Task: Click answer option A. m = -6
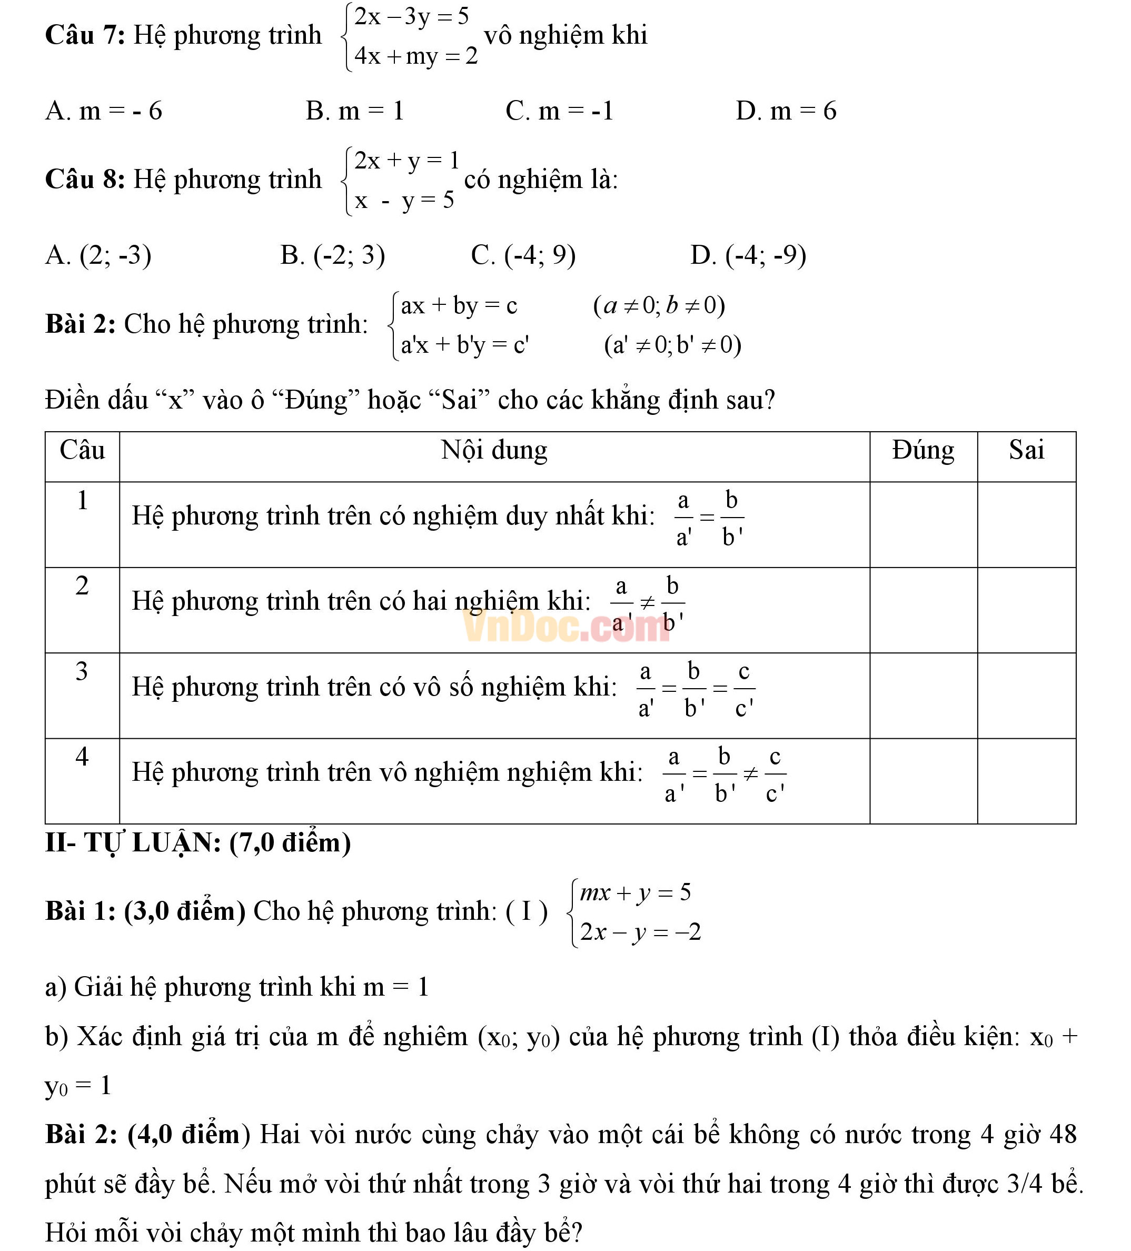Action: tap(104, 111)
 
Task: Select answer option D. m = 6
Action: tap(786, 111)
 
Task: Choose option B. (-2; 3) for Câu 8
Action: tap(333, 255)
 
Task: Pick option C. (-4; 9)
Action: tap(523, 255)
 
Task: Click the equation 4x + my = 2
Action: tap(415, 56)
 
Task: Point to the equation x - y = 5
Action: tap(404, 201)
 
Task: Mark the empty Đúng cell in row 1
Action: tap(922, 524)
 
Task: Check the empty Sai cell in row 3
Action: tap(1026, 695)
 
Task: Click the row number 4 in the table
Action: tap(82, 757)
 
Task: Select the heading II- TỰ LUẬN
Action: tap(198, 842)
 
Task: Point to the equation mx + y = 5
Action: tap(634, 892)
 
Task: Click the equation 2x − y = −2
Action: tap(640, 932)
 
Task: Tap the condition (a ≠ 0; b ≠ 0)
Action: tap(659, 305)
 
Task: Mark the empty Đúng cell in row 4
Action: tap(922, 781)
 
